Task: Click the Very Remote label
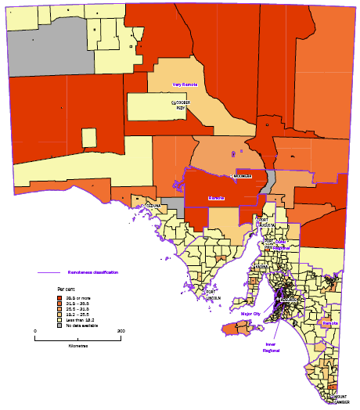184,84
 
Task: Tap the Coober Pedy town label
182,104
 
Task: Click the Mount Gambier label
339,399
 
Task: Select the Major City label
250,314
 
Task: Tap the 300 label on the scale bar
121,331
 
